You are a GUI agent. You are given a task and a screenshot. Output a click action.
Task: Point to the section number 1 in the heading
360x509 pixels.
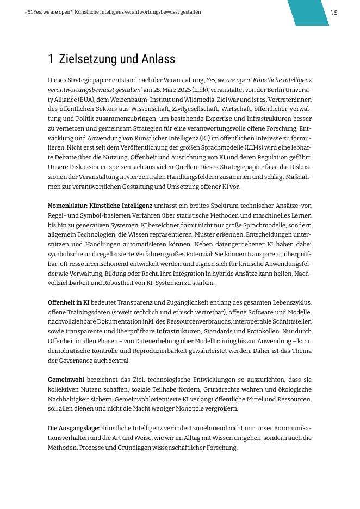coord(51,59)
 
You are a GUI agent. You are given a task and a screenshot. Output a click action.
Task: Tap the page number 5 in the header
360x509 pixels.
coord(336,13)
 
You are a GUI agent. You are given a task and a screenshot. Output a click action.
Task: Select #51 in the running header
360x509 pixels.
coord(28,12)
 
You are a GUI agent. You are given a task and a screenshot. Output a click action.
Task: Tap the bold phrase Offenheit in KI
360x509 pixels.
coord(69,302)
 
